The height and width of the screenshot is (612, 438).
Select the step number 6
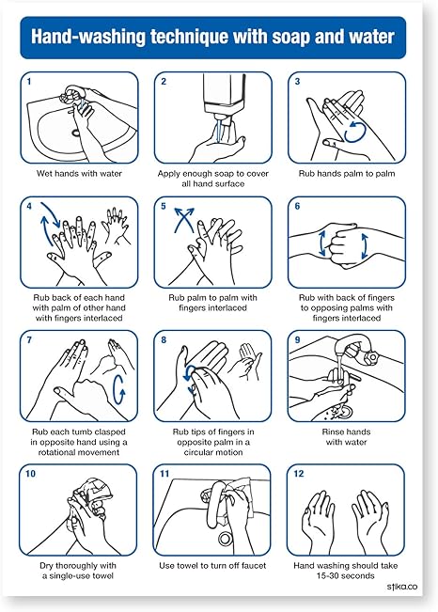pyautogui.click(x=297, y=206)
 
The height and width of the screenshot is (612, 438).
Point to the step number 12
pyautogui.click(x=300, y=476)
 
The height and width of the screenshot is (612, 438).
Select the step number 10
pyautogui.click(x=32, y=476)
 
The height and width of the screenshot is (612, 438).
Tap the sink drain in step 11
pyautogui.click(x=225, y=539)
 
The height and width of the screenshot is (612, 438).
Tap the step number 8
pyautogui.click(x=164, y=340)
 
